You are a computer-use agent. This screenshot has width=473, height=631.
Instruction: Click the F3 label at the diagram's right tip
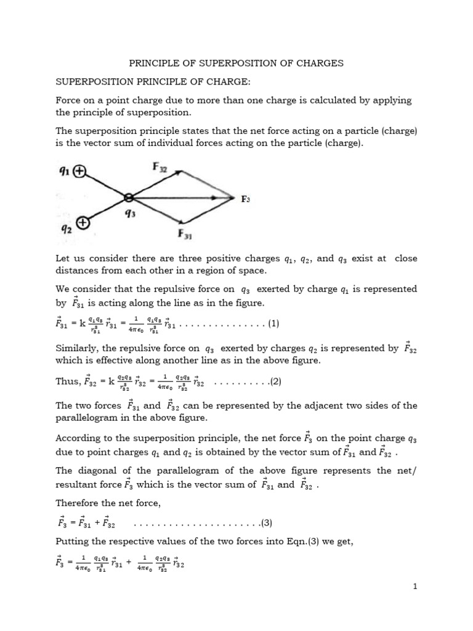(245, 199)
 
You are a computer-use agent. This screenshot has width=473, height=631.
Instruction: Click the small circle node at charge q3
(128, 198)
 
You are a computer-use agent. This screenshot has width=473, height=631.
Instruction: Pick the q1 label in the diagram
(63, 173)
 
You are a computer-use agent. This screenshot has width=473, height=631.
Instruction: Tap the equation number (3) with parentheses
(266, 523)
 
